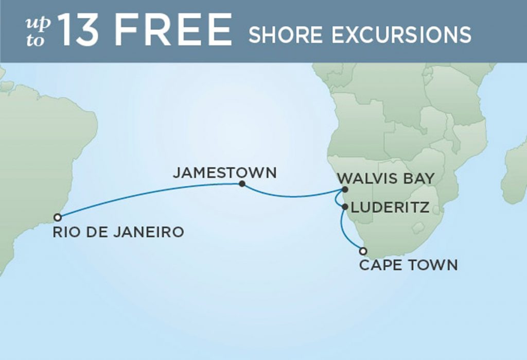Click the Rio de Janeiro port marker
pos(58,217)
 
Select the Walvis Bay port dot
pos(345,190)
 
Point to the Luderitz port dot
pos(344,207)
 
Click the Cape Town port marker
pos(363,251)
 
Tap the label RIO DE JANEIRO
pos(118,233)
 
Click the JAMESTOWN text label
pos(224,173)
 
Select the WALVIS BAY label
pos(386,179)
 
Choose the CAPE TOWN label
pos(408,266)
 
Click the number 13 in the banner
pos(79,30)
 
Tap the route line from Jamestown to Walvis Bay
pos(293,196)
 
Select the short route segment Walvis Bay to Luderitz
pos(340,199)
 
